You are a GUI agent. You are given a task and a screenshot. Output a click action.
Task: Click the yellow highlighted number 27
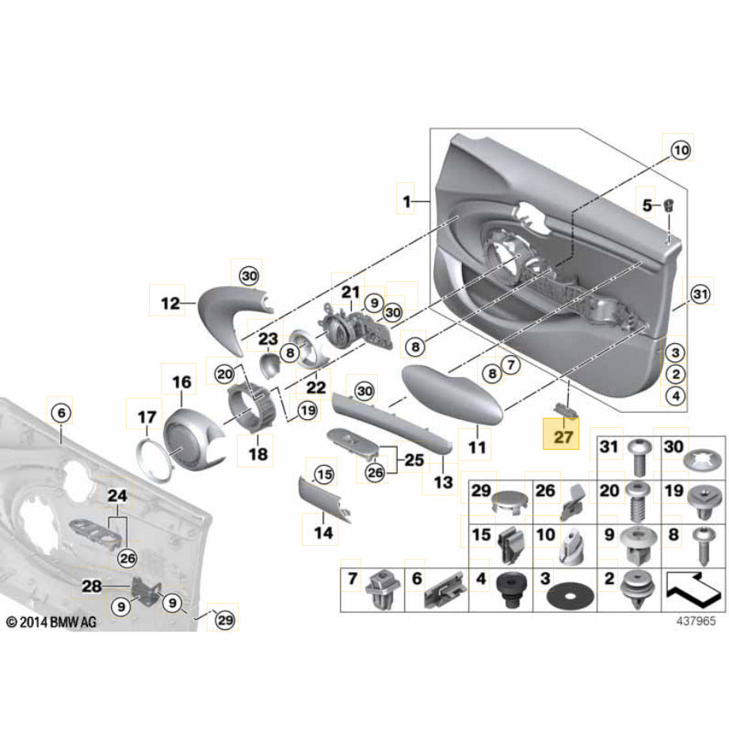pyautogui.click(x=562, y=435)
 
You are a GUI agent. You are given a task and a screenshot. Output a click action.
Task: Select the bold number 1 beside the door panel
pyautogui.click(x=406, y=203)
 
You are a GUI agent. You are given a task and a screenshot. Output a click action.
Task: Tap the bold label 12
pyautogui.click(x=170, y=302)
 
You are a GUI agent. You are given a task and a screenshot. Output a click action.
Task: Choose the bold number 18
pyautogui.click(x=258, y=454)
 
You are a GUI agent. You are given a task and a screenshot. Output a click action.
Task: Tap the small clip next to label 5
pyautogui.click(x=670, y=204)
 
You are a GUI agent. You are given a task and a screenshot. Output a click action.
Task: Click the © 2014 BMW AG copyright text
pyautogui.click(x=52, y=623)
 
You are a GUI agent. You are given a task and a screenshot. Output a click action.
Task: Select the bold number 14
pyautogui.click(x=323, y=532)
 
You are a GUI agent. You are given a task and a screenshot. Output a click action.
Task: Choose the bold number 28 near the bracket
pyautogui.click(x=92, y=586)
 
